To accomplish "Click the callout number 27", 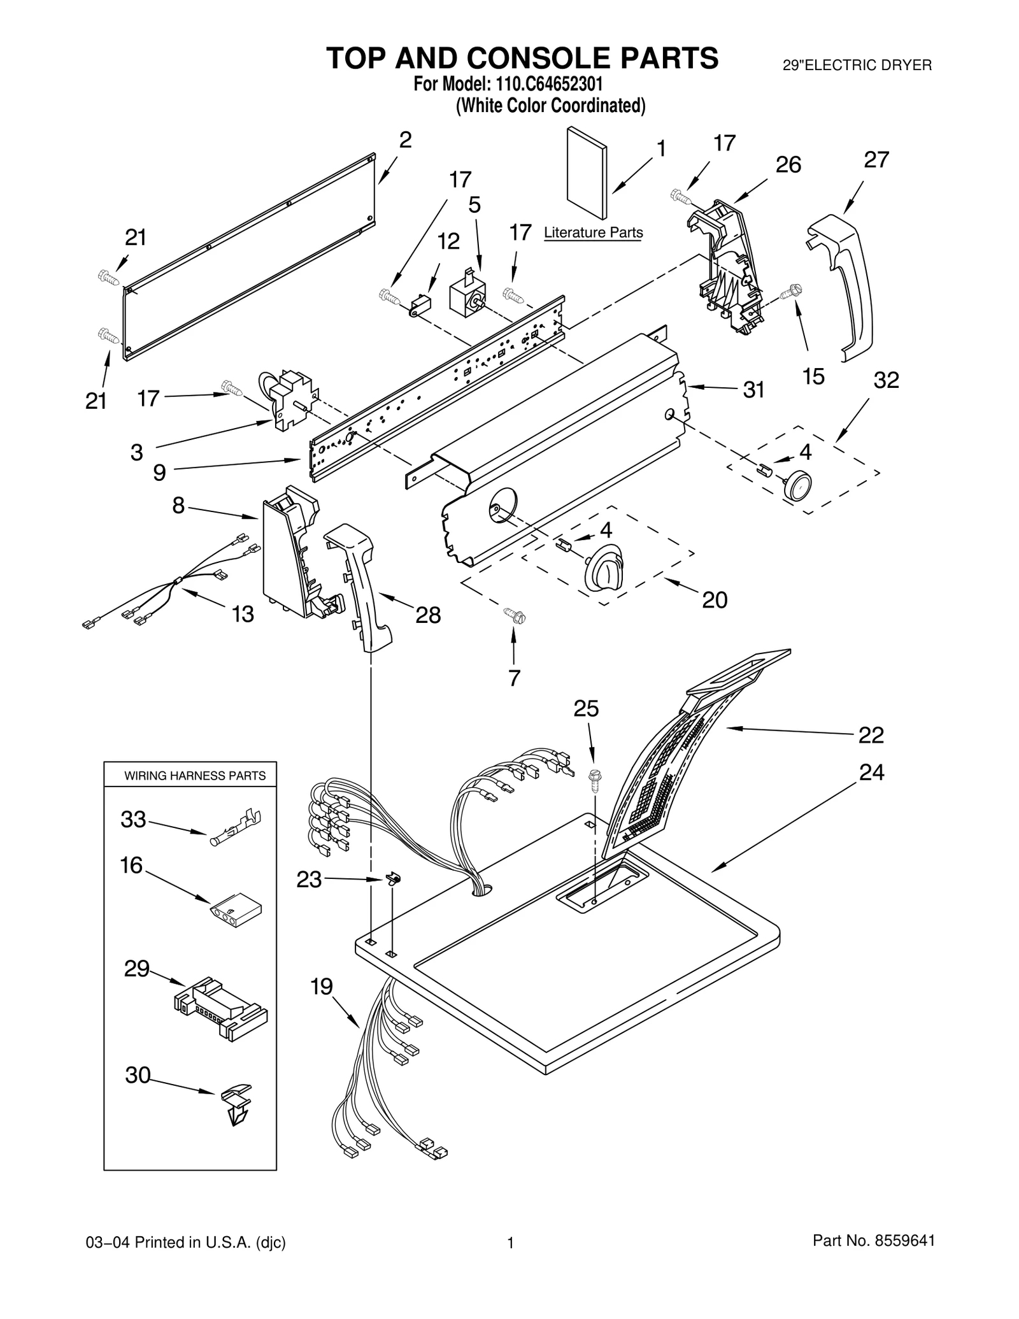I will (876, 160).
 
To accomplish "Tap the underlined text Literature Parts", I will (593, 233).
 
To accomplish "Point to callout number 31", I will (753, 390).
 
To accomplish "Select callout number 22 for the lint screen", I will (871, 735).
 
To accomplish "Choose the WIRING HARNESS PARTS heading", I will (194, 776).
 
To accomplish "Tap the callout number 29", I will (136, 969).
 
